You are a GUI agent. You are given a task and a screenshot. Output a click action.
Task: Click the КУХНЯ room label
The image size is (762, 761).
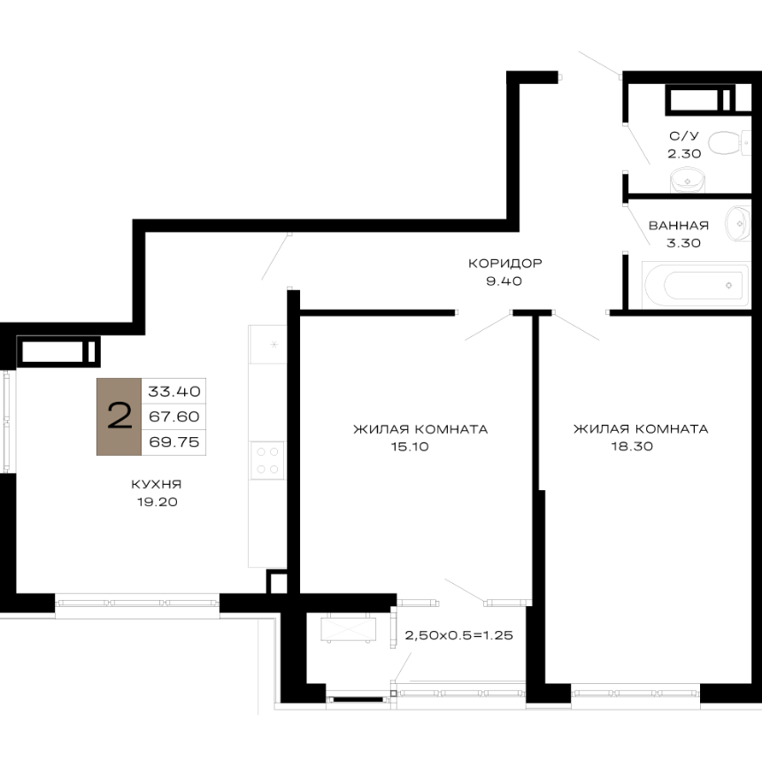(x=157, y=484)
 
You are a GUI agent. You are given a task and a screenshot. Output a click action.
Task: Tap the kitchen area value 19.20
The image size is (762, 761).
(x=157, y=502)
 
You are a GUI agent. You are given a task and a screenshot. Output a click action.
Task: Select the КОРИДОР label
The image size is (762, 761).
(x=505, y=264)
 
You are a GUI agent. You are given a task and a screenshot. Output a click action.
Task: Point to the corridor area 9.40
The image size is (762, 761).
(x=504, y=281)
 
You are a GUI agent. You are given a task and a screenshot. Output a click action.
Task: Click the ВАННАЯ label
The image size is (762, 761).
(x=679, y=226)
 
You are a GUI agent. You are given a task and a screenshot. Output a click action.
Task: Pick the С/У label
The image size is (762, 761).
(x=683, y=136)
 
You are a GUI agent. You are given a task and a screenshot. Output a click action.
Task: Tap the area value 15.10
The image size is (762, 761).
(x=410, y=447)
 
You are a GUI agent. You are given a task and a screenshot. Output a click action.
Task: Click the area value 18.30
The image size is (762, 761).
(x=632, y=446)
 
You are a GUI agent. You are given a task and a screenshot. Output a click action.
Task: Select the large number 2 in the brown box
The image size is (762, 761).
(x=119, y=417)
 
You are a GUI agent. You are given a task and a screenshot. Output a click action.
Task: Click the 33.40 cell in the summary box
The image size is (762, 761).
(x=174, y=391)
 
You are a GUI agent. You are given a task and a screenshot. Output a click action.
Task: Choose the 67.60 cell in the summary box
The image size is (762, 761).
(x=174, y=417)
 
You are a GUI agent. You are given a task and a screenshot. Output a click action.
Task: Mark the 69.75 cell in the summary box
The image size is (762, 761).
(x=174, y=442)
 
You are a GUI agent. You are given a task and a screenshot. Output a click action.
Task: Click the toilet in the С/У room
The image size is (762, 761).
(x=730, y=142)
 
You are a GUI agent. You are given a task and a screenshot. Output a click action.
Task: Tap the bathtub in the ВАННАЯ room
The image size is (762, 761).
(x=696, y=285)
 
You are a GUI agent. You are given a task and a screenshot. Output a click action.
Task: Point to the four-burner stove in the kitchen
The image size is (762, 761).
(x=267, y=460)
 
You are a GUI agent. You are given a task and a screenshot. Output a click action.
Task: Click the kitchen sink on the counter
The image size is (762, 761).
(x=268, y=344)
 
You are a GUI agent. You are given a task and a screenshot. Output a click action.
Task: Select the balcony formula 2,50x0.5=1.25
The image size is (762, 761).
(x=458, y=635)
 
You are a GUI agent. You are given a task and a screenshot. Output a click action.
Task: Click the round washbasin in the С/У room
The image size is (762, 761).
(x=687, y=181)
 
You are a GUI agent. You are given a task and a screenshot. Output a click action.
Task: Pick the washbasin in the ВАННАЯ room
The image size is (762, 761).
(x=738, y=224)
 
